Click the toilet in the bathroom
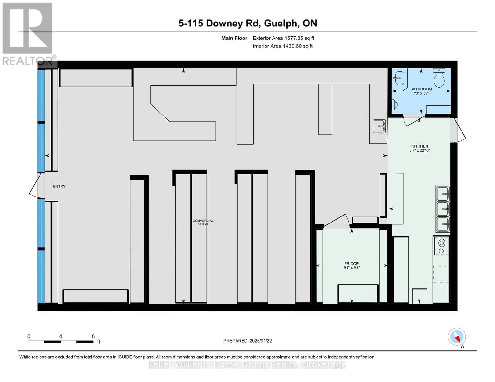tap(439, 78)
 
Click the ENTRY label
tap(59, 186)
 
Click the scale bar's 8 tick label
tap(93, 336)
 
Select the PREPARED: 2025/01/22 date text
tap(247, 341)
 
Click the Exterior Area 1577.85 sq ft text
tap(283, 38)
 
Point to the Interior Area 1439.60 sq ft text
tap(282, 46)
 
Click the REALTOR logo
tap(28, 33)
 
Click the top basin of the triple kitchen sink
tap(443, 193)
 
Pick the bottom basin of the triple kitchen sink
tap(443, 224)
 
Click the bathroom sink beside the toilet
tap(399, 78)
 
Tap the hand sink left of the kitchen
tap(379, 126)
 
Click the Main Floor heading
tap(234, 38)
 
